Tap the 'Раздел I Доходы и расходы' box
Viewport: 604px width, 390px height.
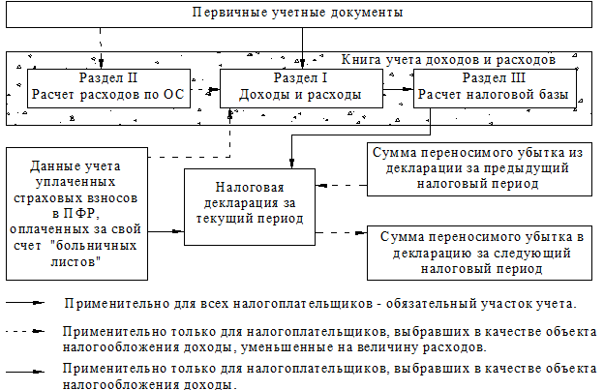tap(302, 87)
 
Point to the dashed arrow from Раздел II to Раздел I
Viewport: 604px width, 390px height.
tap(204, 95)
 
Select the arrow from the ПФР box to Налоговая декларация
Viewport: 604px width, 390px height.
tap(163, 230)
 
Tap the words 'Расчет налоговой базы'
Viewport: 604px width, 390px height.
tap(495, 95)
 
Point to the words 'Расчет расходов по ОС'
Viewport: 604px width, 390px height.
tap(107, 95)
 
